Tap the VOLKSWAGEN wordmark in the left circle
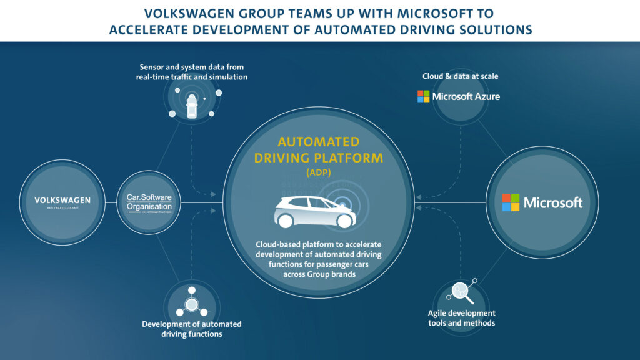pos(62,200)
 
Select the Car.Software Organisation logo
pos(149,202)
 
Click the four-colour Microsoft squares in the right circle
pos(511,202)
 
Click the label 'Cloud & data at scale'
pos(460,76)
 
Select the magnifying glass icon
pos(461,292)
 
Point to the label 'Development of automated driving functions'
pos(191,329)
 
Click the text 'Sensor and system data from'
pos(191,66)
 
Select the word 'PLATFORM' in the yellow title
pos(354,157)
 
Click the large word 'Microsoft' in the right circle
pos(553,202)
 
